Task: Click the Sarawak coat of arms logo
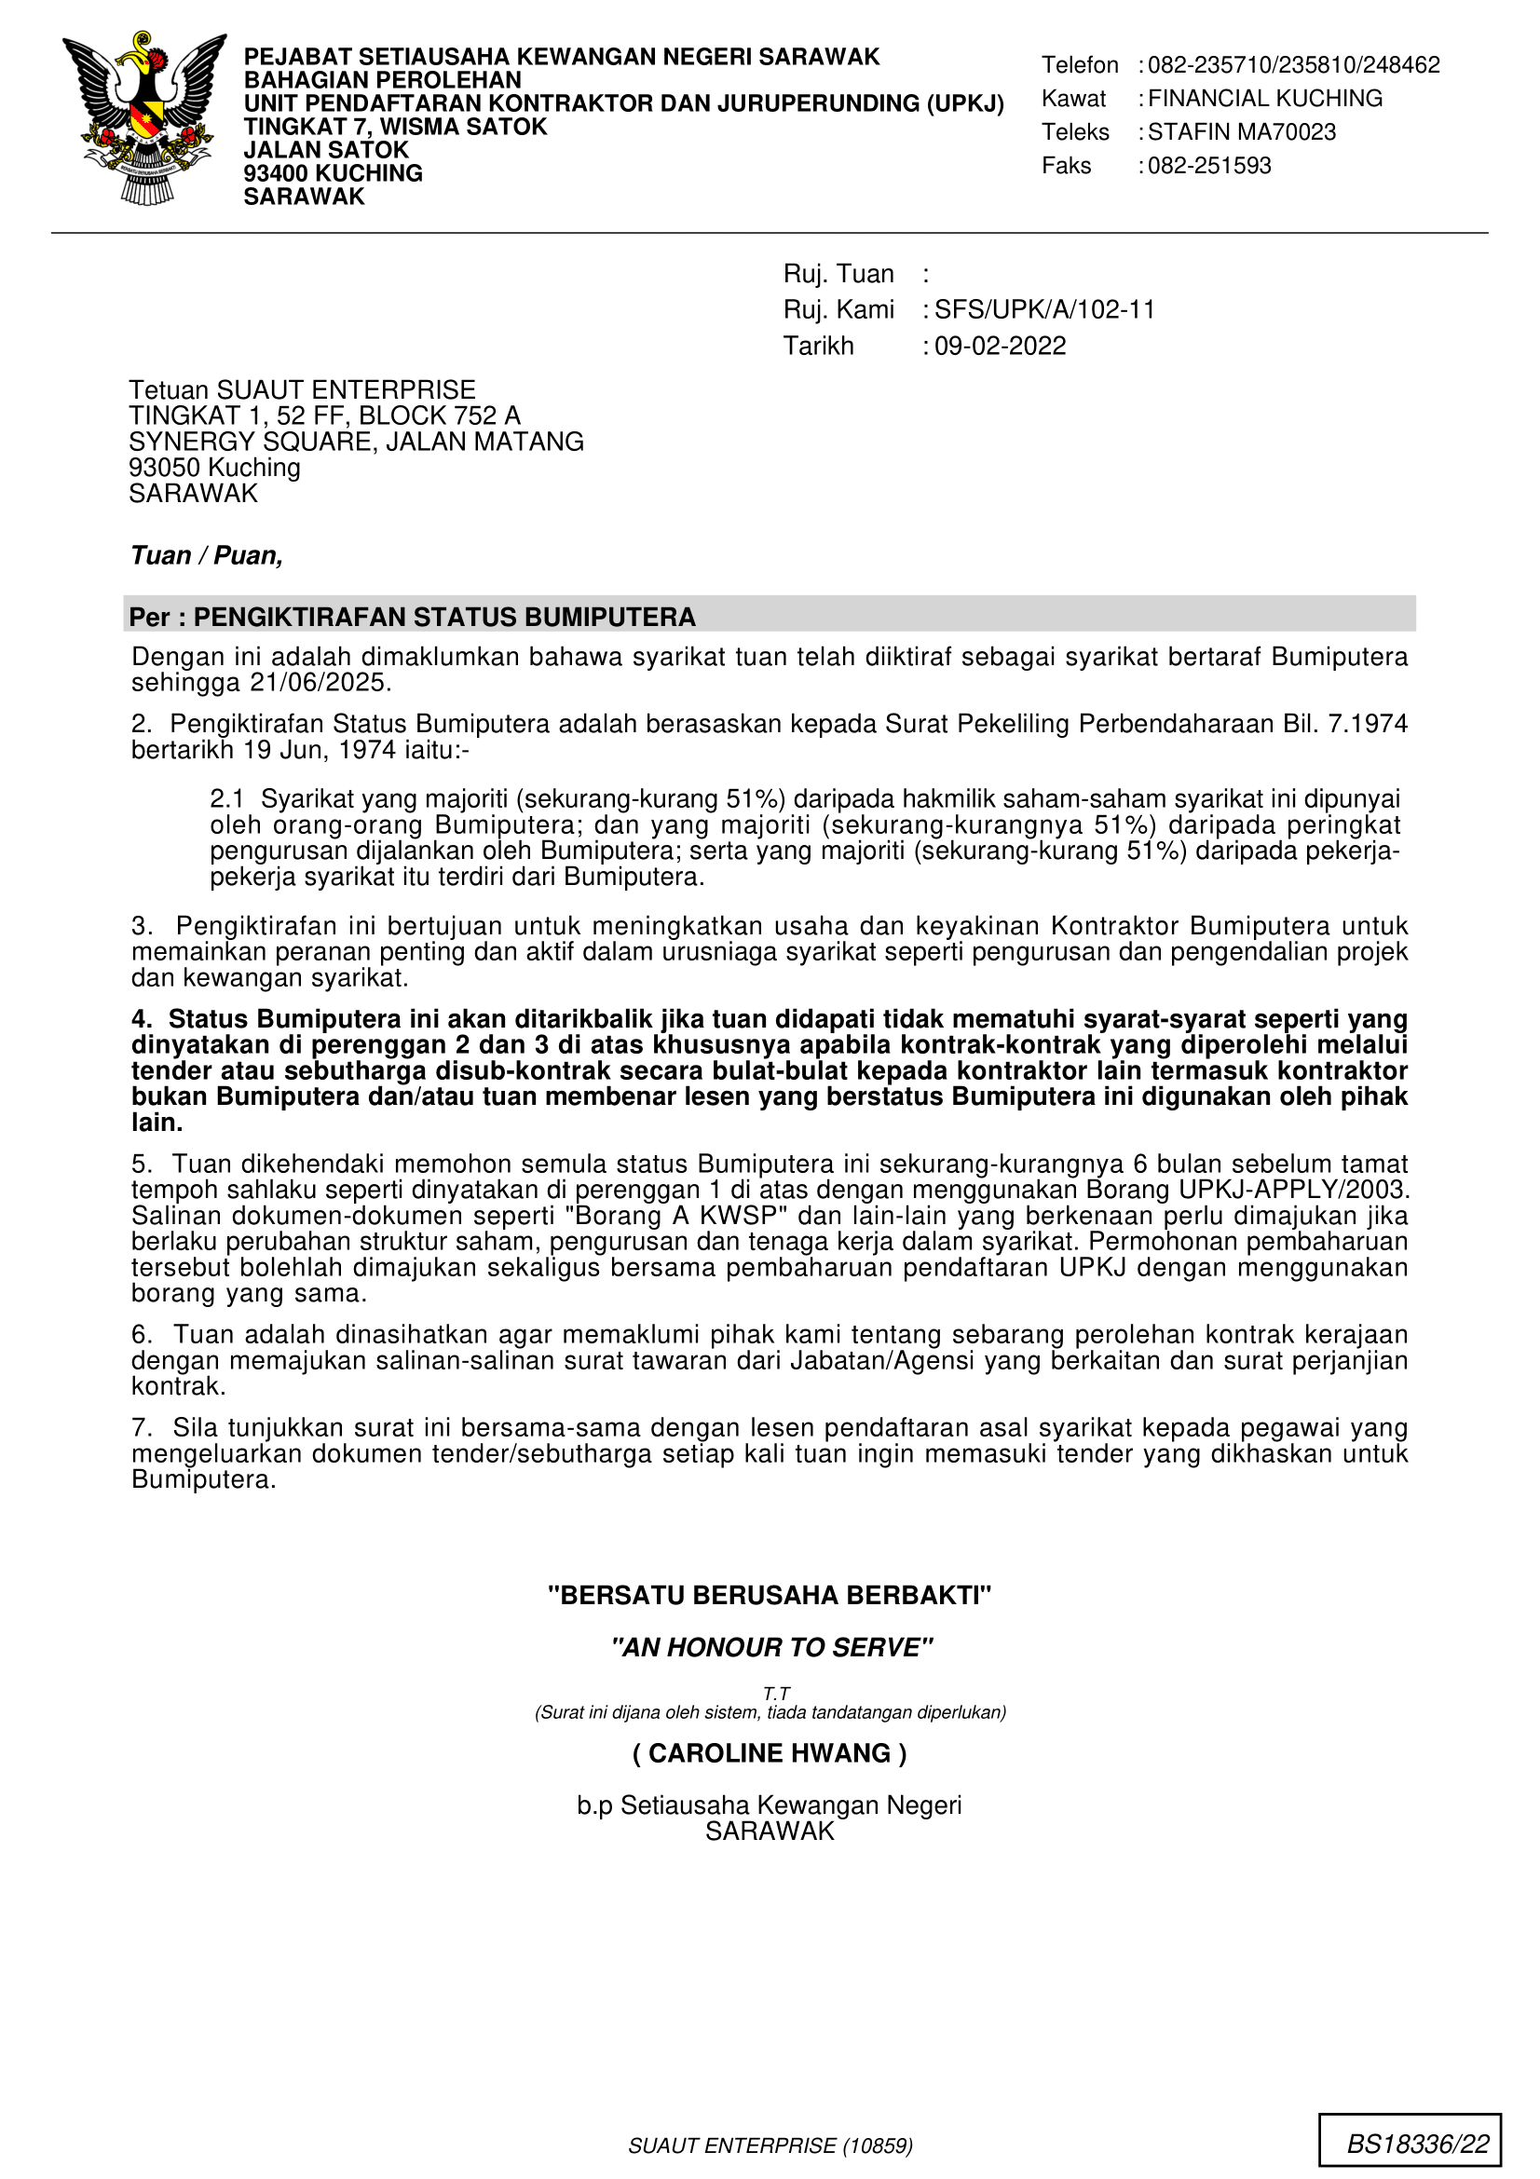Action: [144, 119]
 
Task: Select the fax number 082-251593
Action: [1209, 166]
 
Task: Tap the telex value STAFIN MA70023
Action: [1241, 132]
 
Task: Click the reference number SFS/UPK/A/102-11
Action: [1043, 309]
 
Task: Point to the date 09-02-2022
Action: [1000, 346]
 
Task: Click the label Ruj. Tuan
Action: [838, 274]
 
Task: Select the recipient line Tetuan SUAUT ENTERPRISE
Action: [302, 390]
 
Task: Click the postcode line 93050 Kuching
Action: [214, 468]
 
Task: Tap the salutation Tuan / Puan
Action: [207, 555]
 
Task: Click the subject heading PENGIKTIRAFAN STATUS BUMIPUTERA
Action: [444, 618]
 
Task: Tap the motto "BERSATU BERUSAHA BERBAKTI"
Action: [770, 1595]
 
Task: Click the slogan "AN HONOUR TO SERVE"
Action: [771, 1648]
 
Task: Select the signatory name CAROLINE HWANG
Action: [770, 1753]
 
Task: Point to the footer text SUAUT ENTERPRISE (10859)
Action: [770, 2145]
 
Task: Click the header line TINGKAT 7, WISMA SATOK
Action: [395, 128]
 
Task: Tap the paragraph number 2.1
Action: [226, 799]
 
